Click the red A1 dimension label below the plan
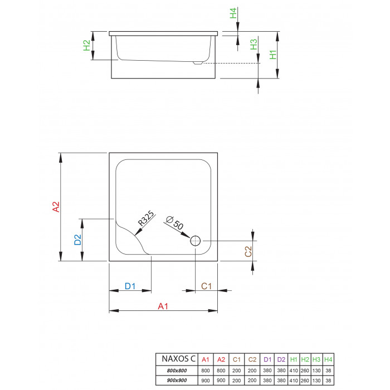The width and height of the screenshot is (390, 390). [x=163, y=306]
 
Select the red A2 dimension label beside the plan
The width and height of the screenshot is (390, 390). [x=56, y=207]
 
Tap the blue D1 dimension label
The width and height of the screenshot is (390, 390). [x=130, y=286]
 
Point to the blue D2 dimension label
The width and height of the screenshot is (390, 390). [x=78, y=240]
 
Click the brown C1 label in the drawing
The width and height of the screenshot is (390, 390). [x=206, y=286]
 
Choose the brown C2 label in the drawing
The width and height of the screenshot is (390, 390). [x=248, y=251]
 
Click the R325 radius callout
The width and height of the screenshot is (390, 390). [x=146, y=218]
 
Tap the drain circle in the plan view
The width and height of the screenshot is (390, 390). [x=195, y=241]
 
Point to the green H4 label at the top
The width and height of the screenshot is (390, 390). [x=233, y=13]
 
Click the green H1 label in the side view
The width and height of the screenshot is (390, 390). [x=273, y=55]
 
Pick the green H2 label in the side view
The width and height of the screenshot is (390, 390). [x=86, y=45]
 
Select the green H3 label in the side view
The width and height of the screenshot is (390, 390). [x=253, y=45]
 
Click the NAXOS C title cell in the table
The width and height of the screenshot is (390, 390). [x=179, y=359]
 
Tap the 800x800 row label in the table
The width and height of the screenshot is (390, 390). [x=177, y=370]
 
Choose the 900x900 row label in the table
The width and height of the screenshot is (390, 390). [x=177, y=381]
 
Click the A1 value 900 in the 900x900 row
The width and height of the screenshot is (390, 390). [x=206, y=381]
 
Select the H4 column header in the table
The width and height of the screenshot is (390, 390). [x=328, y=359]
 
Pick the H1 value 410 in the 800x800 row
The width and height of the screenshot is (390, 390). [x=294, y=370]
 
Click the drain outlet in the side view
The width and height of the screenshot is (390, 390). [x=198, y=63]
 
